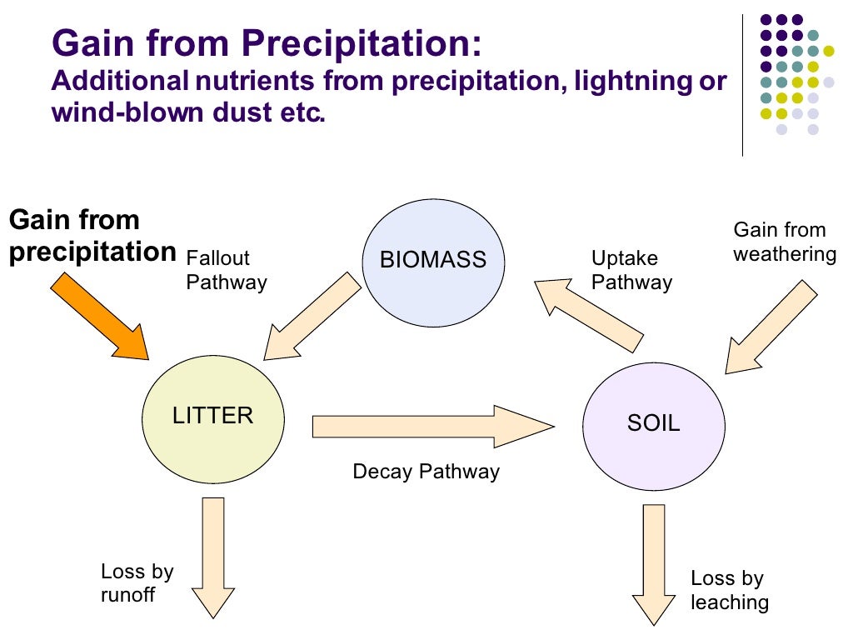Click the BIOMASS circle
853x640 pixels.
[432, 259]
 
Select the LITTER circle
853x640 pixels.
[212, 416]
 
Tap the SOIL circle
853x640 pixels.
[653, 423]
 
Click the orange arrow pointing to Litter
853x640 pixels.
[100, 317]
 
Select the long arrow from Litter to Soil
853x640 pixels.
[433, 427]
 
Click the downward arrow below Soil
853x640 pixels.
[655, 562]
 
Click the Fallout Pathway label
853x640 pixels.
[226, 271]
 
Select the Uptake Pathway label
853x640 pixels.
[631, 271]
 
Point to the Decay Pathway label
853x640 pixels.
[426, 472]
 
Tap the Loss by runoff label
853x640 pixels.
[137, 583]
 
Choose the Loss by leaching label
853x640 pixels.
[729, 590]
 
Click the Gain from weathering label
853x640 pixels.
[784, 242]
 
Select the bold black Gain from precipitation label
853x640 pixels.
[92, 237]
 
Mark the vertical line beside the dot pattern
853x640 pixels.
[741, 83]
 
